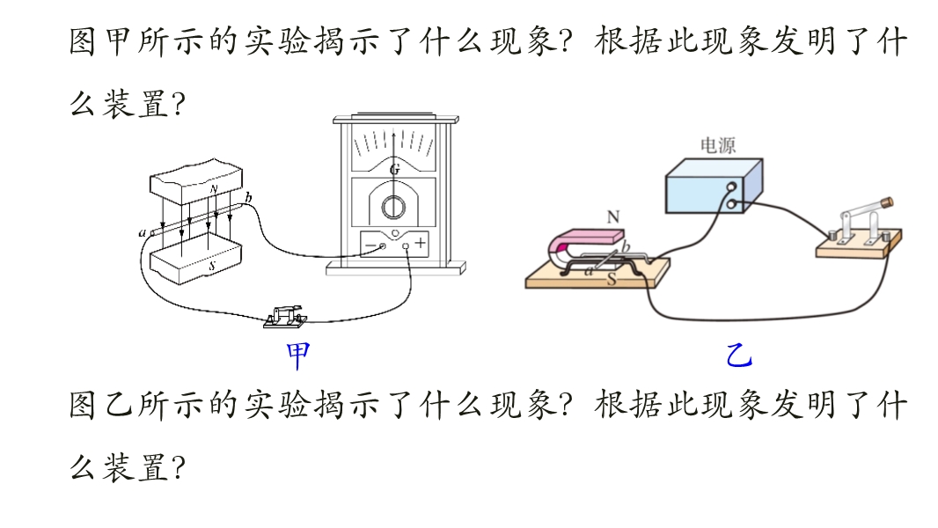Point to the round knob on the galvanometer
(393, 207)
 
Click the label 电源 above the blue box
(717, 145)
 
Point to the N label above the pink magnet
(612, 216)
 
